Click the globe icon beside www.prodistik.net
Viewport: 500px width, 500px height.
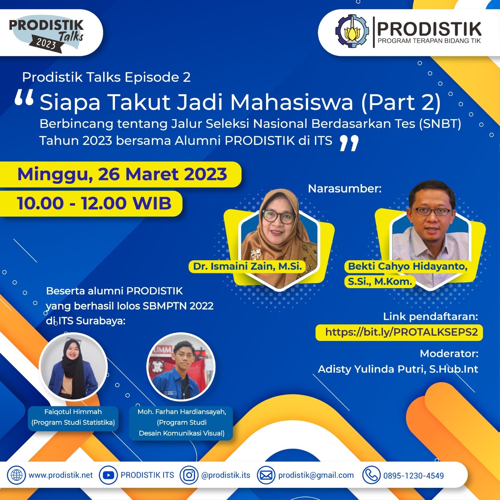pos(17,475)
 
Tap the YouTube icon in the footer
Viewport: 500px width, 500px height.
pos(108,475)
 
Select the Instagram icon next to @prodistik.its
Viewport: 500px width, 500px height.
pos(189,475)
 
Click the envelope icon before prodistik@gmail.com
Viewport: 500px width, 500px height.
pos(266,475)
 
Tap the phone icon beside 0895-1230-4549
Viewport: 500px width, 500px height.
pos(371,475)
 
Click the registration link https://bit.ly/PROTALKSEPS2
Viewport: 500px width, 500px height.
pos(401,332)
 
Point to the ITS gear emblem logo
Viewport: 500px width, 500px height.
pos(352,31)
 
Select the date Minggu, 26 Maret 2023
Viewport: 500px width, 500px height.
pos(122,174)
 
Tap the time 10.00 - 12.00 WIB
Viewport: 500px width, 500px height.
pos(94,203)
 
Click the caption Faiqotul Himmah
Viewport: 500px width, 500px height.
pos(73,412)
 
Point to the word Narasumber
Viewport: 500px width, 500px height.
pos(345,189)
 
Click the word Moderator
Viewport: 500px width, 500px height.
pos(449,353)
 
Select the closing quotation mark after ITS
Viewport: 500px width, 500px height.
pos(349,143)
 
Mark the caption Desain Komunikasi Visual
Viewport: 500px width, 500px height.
pos(182,433)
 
